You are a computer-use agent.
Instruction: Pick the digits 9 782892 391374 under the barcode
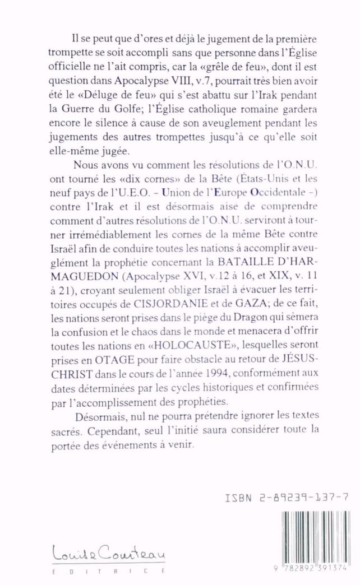coord(313,568)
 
